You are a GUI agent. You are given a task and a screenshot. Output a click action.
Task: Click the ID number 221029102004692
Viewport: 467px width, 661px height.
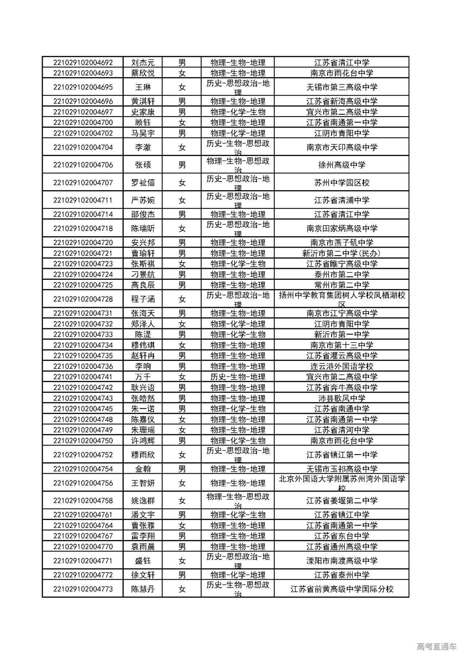[83, 62]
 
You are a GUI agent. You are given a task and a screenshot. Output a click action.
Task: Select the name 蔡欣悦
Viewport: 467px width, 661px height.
[143, 73]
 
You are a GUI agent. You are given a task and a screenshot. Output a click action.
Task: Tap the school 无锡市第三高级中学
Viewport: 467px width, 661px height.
[341, 87]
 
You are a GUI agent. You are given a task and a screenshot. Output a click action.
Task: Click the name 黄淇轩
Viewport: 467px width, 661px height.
[143, 101]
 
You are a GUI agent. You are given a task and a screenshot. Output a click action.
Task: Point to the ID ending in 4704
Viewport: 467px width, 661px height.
[83, 147]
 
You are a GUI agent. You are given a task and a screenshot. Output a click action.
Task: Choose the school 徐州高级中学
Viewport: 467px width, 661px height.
[341, 165]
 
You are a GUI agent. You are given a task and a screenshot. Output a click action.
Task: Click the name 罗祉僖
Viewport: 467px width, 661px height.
[143, 183]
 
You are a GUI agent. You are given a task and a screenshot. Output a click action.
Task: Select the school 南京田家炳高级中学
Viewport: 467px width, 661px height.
[341, 229]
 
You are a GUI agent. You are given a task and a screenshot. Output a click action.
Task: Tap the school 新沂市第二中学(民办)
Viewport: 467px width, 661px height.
[341, 253]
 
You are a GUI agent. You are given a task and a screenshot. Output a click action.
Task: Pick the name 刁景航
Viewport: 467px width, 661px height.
[143, 274]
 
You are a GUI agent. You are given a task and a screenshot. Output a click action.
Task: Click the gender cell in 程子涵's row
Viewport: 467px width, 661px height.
[182, 299]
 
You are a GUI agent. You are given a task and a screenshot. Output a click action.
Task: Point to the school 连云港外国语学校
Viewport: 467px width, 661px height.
[341, 366]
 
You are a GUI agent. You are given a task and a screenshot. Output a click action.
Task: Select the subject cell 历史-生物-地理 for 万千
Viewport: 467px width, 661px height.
[238, 377]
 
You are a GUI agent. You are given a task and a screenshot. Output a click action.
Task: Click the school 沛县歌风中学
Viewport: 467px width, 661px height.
[341, 398]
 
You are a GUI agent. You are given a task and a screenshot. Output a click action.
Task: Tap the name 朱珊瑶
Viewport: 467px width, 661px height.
[143, 430]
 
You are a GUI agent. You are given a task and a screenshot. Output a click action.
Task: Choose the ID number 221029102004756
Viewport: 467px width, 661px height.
[83, 483]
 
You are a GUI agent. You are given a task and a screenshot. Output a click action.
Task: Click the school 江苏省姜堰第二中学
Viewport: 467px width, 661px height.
[341, 501]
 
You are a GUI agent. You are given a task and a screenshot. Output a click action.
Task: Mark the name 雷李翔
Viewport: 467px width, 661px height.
[143, 536]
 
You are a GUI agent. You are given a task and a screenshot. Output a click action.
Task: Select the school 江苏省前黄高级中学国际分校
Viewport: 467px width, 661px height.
[341, 589]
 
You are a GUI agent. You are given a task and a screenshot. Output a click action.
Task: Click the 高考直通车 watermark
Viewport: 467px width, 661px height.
[436, 646]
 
